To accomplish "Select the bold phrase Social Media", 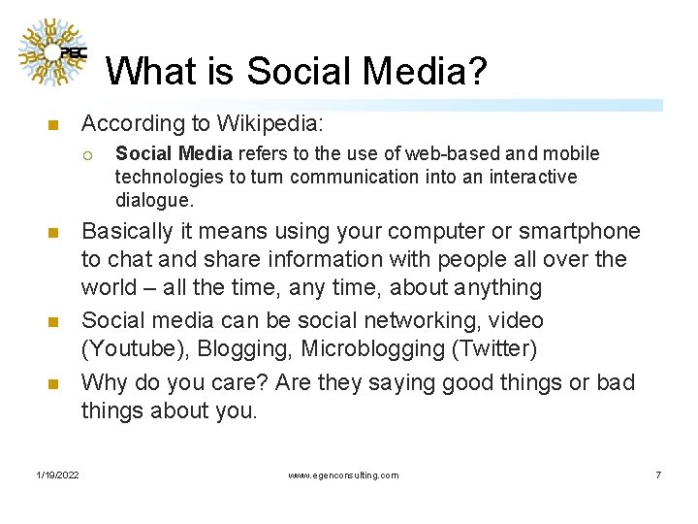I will coord(174,153).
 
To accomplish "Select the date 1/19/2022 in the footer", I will coord(58,475).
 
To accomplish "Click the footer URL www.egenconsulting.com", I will coord(343,475).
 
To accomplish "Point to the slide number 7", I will coord(658,475).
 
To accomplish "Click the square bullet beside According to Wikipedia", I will coord(53,125).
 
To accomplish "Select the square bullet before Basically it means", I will coord(53,233).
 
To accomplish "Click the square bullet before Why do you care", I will coord(53,384).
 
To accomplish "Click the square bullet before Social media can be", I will coord(53,322).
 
